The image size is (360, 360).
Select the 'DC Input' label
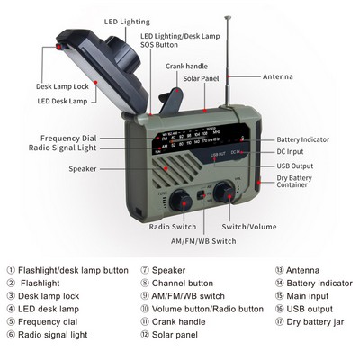pyautogui.click(x=291, y=152)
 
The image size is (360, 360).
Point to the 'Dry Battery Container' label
pyautogui.click(x=297, y=183)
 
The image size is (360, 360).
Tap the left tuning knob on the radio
pyautogui.click(x=180, y=200)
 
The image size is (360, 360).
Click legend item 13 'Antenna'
pyautogui.click(x=297, y=269)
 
